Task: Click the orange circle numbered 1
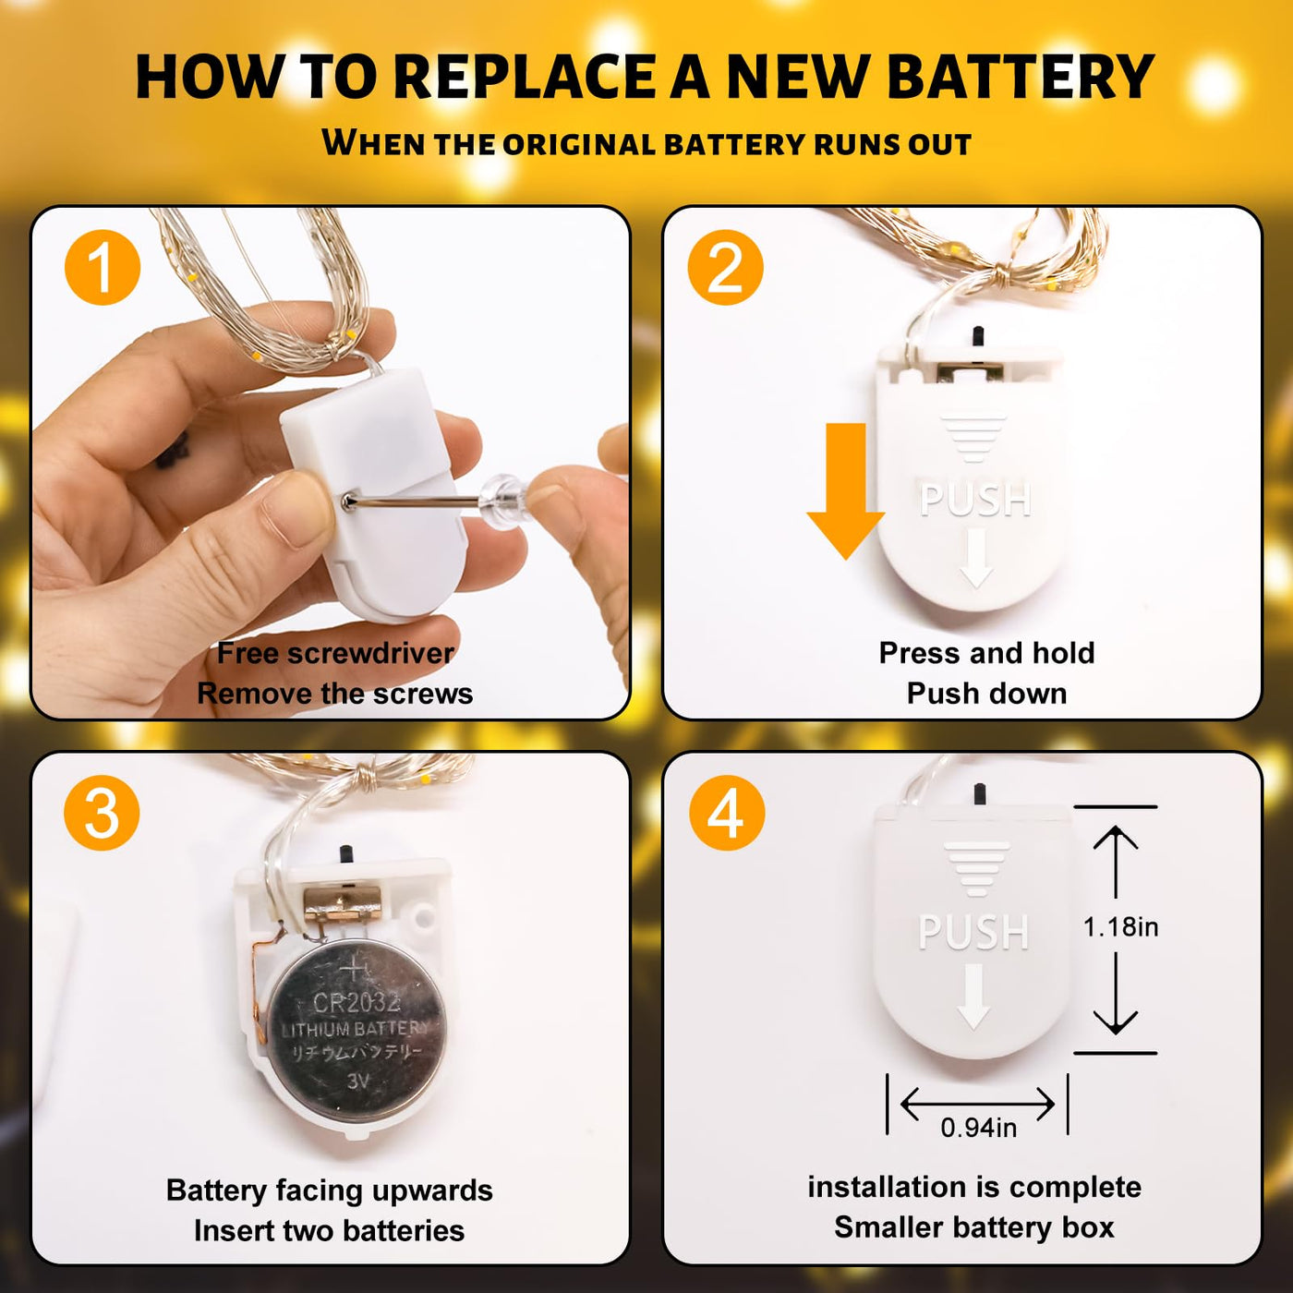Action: [x=103, y=268]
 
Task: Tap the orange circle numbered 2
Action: [x=725, y=268]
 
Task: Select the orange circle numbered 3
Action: [x=102, y=814]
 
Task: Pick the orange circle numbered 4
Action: [x=727, y=814]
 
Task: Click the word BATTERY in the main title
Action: [x=1020, y=78]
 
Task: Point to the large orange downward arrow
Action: [x=846, y=491]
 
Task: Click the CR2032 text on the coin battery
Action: [x=357, y=1003]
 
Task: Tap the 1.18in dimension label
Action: [x=1120, y=926]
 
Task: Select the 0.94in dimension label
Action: [x=978, y=1128]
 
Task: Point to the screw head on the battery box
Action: [x=349, y=501]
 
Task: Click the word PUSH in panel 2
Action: [x=975, y=500]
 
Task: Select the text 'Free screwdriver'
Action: [x=335, y=653]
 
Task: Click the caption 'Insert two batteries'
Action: [x=330, y=1230]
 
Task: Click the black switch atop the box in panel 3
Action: [x=347, y=855]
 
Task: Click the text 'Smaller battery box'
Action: [x=974, y=1227]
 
